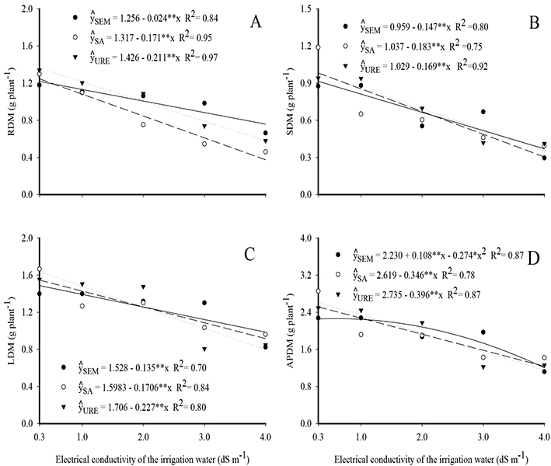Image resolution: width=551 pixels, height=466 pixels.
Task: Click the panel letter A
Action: coord(254,24)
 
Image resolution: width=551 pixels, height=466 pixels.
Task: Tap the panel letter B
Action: coord(532,23)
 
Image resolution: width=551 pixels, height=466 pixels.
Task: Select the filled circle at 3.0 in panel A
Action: coord(204,103)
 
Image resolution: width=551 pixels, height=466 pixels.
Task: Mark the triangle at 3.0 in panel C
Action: coord(204,349)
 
